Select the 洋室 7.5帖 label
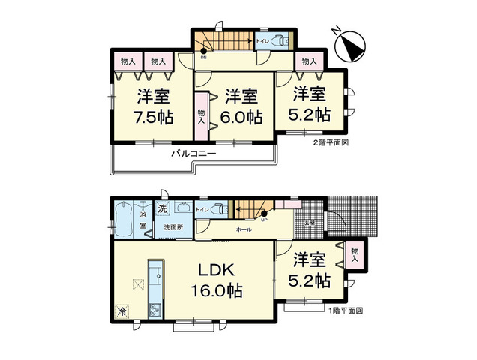click(153, 106)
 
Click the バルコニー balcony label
click(193, 153)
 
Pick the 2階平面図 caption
click(332, 141)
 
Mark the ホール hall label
click(243, 229)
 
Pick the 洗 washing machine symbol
click(162, 208)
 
